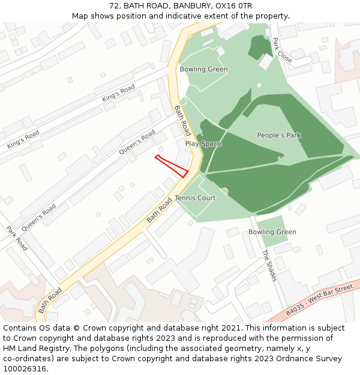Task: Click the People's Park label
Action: point(279,135)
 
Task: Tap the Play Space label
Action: point(203,144)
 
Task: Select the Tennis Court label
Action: point(195,198)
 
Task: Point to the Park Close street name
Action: point(281,50)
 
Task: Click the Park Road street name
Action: point(17,238)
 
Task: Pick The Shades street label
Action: point(269,265)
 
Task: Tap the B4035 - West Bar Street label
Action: point(320,301)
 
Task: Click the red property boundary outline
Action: point(172,166)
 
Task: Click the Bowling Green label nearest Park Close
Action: point(203,70)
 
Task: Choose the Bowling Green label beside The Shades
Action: point(272,232)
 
